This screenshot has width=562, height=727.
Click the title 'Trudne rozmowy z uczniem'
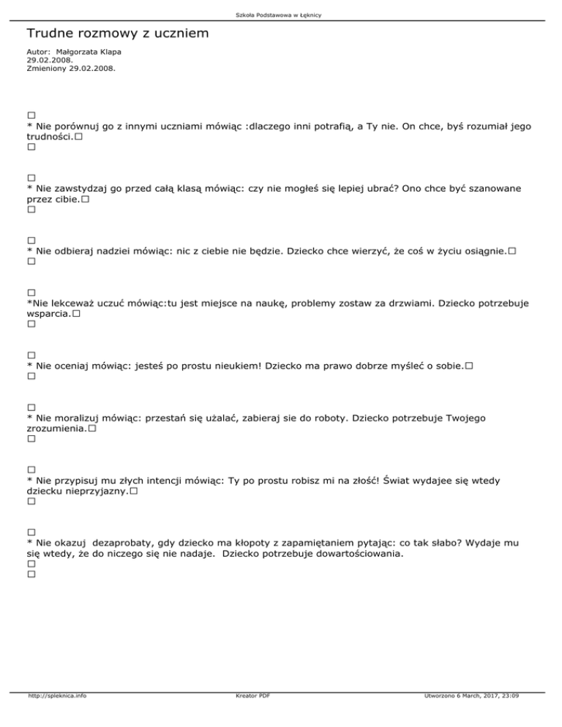(118, 34)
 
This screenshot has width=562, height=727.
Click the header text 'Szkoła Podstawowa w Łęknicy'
(282, 15)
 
